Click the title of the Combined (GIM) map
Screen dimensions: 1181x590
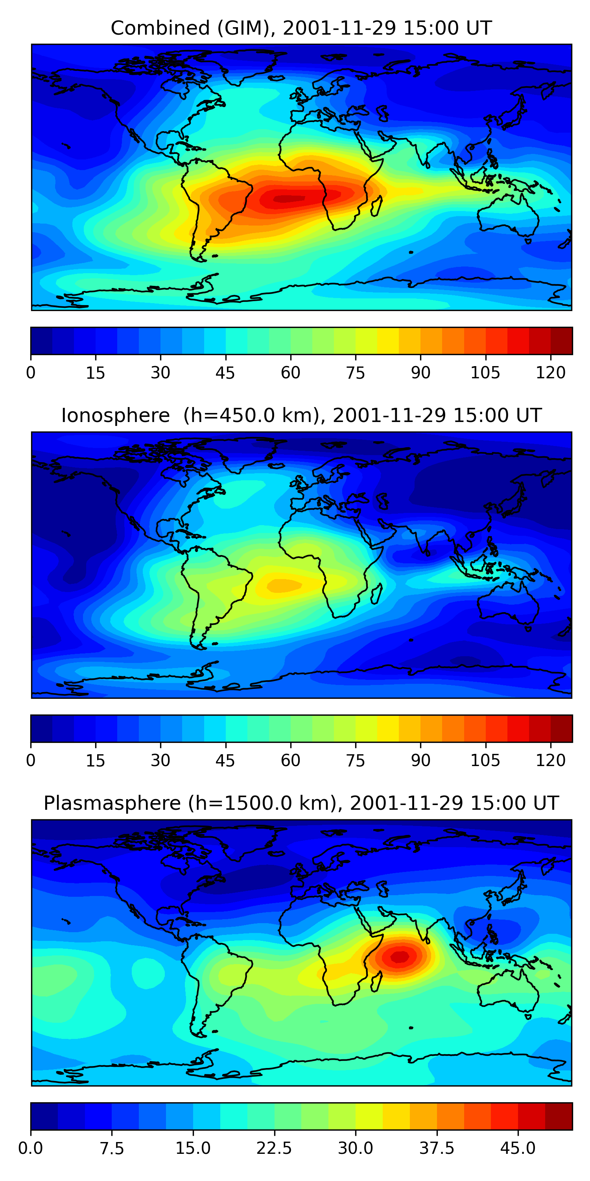pyautogui.click(x=301, y=28)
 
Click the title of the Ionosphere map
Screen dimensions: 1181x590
pyautogui.click(x=301, y=415)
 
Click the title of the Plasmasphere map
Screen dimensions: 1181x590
pyautogui.click(x=301, y=803)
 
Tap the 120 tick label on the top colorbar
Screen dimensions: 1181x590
pyautogui.click(x=551, y=373)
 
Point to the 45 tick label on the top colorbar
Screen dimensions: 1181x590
pyautogui.click(x=225, y=373)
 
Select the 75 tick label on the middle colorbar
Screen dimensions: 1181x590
pyautogui.click(x=356, y=760)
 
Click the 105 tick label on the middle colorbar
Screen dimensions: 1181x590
pyautogui.click(x=485, y=760)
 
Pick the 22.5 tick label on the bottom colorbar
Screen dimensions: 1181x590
pyautogui.click(x=274, y=1148)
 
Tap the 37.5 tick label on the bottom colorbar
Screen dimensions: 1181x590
pyautogui.click(x=437, y=1148)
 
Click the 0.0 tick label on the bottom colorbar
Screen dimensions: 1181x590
pyautogui.click(x=31, y=1148)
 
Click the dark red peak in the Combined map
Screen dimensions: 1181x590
pyautogui.click(x=289, y=198)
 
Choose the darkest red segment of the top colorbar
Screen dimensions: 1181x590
pyautogui.click(x=561, y=341)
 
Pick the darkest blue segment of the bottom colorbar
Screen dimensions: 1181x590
pyautogui.click(x=44, y=1116)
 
